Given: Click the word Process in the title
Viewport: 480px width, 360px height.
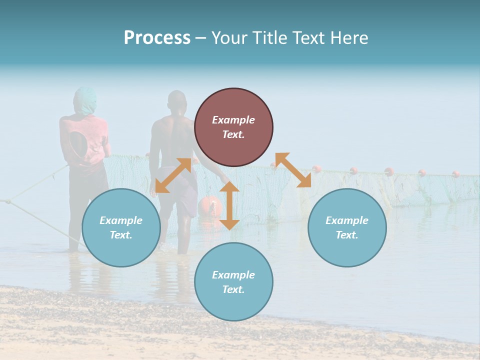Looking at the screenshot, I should [157, 38].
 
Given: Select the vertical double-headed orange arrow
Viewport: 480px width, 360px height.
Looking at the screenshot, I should [229, 205].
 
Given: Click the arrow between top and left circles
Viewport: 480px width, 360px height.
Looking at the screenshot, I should [173, 175].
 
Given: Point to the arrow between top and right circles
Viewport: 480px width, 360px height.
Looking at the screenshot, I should [293, 170].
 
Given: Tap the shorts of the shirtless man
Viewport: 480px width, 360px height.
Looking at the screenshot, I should [185, 197].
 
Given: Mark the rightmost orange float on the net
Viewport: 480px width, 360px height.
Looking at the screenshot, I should [456, 174].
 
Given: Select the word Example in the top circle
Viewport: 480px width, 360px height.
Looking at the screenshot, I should [233, 120].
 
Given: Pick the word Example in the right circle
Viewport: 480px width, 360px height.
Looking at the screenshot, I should [347, 220].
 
